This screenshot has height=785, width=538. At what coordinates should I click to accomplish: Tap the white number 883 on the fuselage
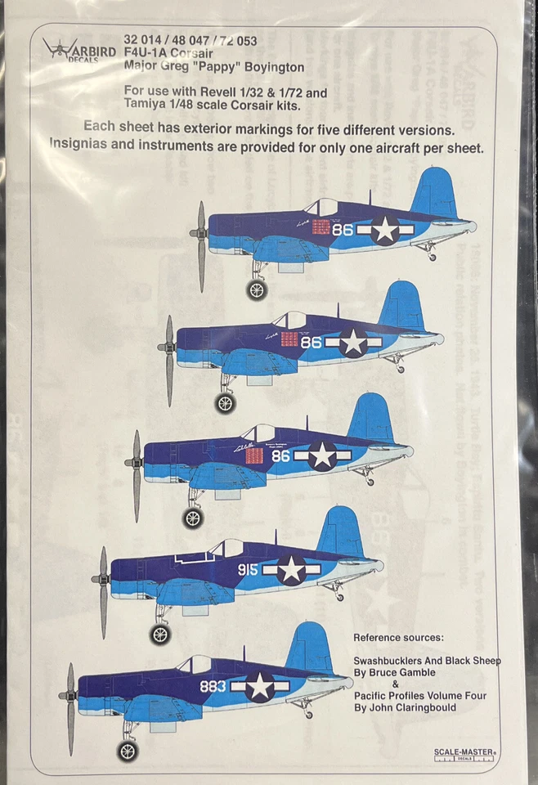pos(212,686)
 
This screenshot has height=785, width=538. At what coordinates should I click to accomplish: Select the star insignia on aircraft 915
pos(291,570)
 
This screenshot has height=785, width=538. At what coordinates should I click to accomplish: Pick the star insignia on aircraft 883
pos(260,686)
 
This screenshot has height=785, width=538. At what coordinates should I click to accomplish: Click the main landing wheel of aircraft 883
pos(128,750)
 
